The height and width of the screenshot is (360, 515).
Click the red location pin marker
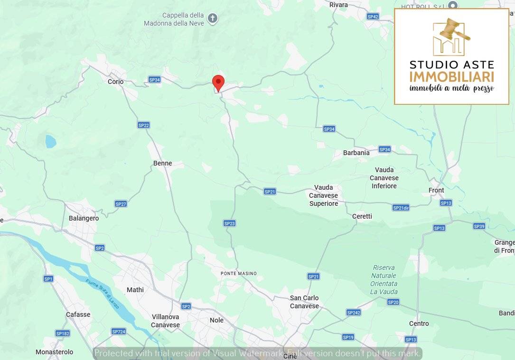click(x=218, y=83)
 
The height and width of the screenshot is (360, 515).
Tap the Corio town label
click(x=115, y=82)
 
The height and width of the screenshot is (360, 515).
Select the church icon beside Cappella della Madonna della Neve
click(x=213, y=18)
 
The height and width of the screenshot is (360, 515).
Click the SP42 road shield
click(x=373, y=17)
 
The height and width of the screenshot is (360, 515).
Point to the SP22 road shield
click(x=143, y=125)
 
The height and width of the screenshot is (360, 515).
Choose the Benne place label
click(x=162, y=163)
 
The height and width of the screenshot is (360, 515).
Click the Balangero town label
click(x=84, y=218)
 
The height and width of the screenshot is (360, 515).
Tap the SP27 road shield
click(x=121, y=204)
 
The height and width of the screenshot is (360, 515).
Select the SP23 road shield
click(x=229, y=223)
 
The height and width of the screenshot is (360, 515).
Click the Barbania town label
click(x=356, y=153)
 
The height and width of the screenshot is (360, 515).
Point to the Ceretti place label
click(x=362, y=216)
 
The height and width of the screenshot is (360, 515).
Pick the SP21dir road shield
click(x=401, y=208)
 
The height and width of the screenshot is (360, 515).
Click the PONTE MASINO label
click(x=239, y=274)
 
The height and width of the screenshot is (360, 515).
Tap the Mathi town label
click(x=135, y=290)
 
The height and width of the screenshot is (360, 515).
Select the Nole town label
click(x=216, y=320)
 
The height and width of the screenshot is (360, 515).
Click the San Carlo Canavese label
click(x=304, y=302)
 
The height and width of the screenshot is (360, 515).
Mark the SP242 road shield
click(x=354, y=313)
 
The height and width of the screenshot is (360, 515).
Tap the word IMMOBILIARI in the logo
click(x=451, y=77)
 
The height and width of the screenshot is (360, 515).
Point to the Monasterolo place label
click(x=55, y=352)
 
